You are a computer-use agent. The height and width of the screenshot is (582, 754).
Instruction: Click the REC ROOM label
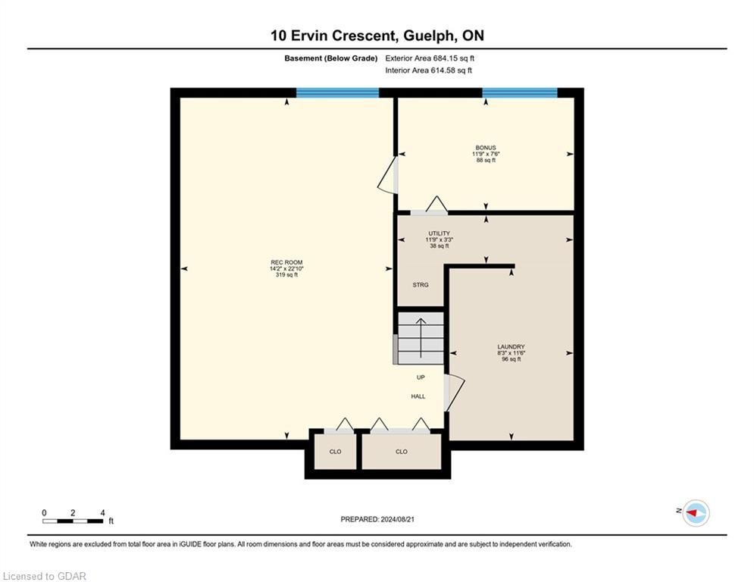[286, 263]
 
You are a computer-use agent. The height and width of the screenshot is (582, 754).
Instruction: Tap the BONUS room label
[486, 148]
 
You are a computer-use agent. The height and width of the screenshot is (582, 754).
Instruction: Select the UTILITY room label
[439, 233]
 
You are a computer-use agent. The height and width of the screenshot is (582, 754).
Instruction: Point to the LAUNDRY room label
[511, 347]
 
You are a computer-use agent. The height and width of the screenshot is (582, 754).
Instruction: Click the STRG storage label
[421, 285]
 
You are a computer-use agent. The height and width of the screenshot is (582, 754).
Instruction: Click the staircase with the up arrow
[421, 338]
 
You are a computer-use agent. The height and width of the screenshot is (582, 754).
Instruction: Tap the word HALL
[418, 396]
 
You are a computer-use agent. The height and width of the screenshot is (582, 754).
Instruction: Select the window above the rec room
[337, 92]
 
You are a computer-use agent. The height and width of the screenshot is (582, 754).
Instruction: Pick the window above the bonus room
[520, 92]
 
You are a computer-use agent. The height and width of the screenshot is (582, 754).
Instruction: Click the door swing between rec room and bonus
[386, 176]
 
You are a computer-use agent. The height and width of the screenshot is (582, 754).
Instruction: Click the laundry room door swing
[455, 393]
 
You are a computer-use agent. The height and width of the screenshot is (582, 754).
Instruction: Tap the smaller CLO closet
[335, 452]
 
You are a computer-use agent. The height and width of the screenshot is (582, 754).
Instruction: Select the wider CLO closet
[402, 452]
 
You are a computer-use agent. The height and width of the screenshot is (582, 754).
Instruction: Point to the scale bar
[73, 521]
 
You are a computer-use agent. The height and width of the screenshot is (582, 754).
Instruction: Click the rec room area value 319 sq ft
[286, 275]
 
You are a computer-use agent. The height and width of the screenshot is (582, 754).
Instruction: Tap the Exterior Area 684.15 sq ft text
[430, 58]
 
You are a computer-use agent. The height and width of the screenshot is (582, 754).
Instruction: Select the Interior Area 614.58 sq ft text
[428, 70]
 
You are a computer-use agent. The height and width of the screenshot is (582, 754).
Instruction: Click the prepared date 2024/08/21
[397, 519]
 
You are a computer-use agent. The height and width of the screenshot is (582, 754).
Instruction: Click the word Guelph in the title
[428, 36]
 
